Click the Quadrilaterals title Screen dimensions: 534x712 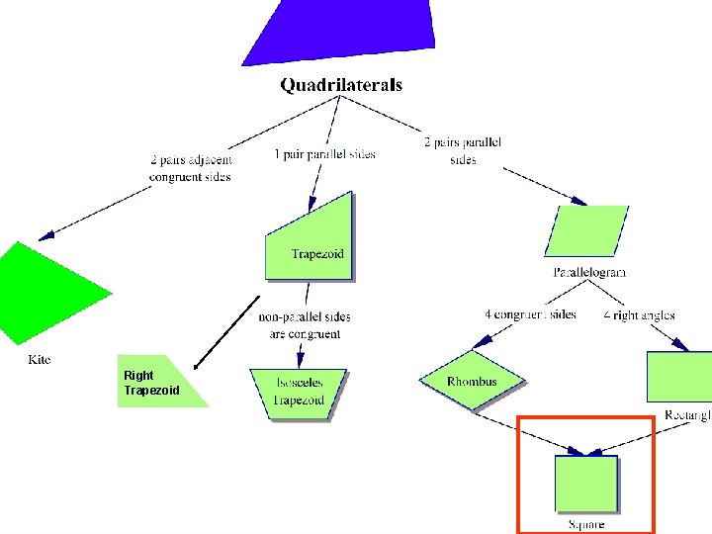[341, 85]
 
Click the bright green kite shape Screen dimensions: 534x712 [44, 293]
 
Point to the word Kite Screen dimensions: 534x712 [39, 360]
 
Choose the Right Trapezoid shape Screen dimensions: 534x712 [158, 383]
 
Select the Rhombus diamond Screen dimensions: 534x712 [472, 381]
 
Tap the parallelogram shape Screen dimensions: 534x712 [585, 230]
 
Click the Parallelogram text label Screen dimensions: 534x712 [588, 271]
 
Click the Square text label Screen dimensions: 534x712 [586, 524]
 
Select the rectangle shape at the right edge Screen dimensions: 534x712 [679, 377]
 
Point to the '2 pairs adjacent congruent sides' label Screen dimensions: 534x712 [191, 168]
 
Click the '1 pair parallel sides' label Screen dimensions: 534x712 [324, 154]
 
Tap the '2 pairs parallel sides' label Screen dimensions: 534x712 [463, 150]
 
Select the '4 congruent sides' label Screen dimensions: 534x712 [530, 314]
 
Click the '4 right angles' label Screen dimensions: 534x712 [639, 315]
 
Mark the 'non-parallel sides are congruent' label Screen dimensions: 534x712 [305, 325]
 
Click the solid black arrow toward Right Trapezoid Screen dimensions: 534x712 [226, 331]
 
